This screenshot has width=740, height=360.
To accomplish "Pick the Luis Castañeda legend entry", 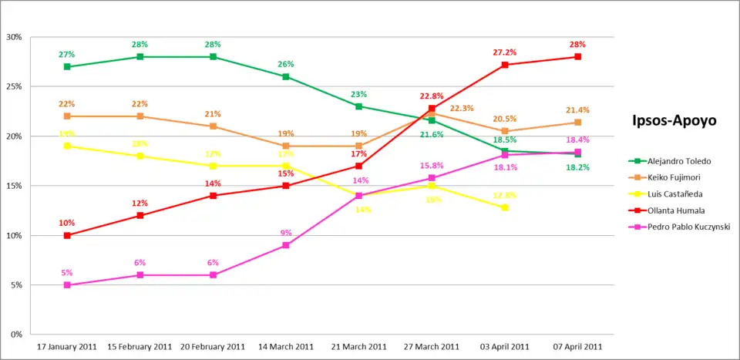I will tap(674, 193).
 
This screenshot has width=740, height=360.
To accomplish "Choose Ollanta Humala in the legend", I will tap(675, 210).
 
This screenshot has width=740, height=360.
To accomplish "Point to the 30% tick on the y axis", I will tap(14, 37).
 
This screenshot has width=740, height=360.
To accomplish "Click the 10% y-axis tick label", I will tap(14, 235).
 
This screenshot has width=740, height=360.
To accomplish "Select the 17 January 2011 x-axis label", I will tap(67, 346).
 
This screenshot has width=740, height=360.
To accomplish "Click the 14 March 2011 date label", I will tap(286, 346).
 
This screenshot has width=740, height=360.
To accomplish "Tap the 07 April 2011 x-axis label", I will tap(577, 346).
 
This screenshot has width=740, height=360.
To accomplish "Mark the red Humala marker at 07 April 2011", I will tap(577, 57).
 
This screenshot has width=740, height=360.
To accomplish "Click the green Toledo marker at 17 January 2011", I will tap(67, 67).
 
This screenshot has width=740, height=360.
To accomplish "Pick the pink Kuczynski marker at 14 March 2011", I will tap(286, 245).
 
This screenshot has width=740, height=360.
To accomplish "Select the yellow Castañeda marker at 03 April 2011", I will tap(505, 207).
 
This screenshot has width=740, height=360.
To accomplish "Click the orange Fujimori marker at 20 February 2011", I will tap(213, 126).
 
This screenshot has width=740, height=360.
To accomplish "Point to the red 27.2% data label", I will tap(505, 52).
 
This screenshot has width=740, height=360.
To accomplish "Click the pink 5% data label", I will tap(67, 272).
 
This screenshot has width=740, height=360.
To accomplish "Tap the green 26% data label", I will tap(286, 64).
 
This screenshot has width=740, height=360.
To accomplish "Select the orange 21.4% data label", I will tap(577, 110).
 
